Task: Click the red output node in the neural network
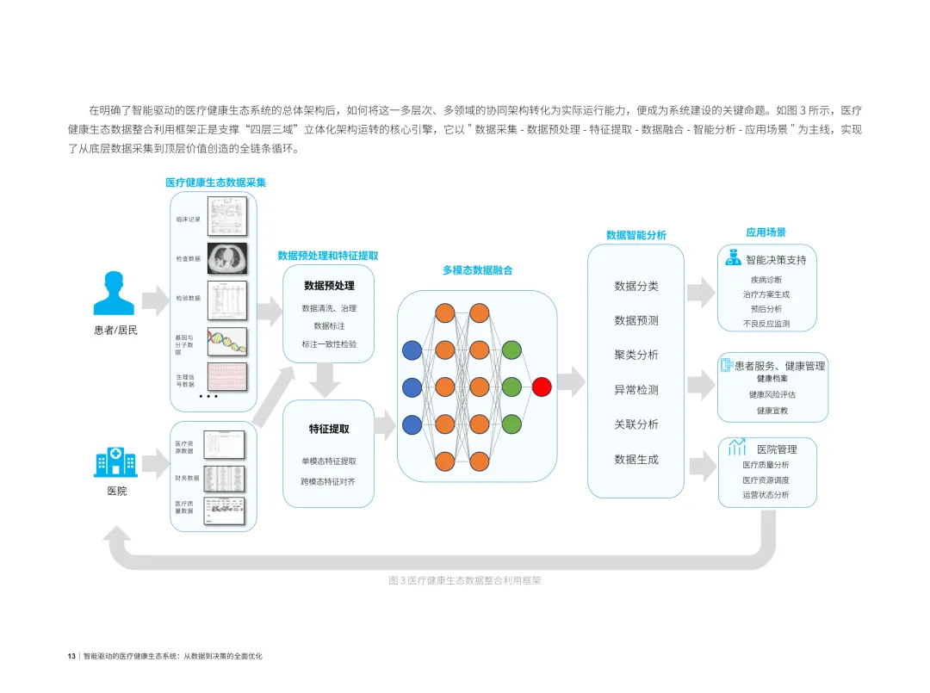coord(542,387)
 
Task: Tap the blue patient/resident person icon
coord(115,294)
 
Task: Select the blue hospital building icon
coord(115,461)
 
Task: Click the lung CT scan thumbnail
coord(226,257)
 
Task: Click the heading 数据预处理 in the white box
coord(329,286)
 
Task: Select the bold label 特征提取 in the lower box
coord(329,428)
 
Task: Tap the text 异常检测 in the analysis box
coord(635,390)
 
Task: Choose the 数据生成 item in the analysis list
coord(635,460)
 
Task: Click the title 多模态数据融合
coord(477,270)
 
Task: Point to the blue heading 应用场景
coord(766,232)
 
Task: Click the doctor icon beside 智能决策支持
coord(734,258)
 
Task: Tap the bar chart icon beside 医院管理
coord(737,448)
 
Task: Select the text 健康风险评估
coord(772,395)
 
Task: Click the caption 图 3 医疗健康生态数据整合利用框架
coord(465,581)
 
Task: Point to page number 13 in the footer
coord(71,656)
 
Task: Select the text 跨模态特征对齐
coord(327,481)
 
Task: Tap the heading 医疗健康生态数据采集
coord(215,183)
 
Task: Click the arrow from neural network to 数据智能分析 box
coord(570,380)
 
